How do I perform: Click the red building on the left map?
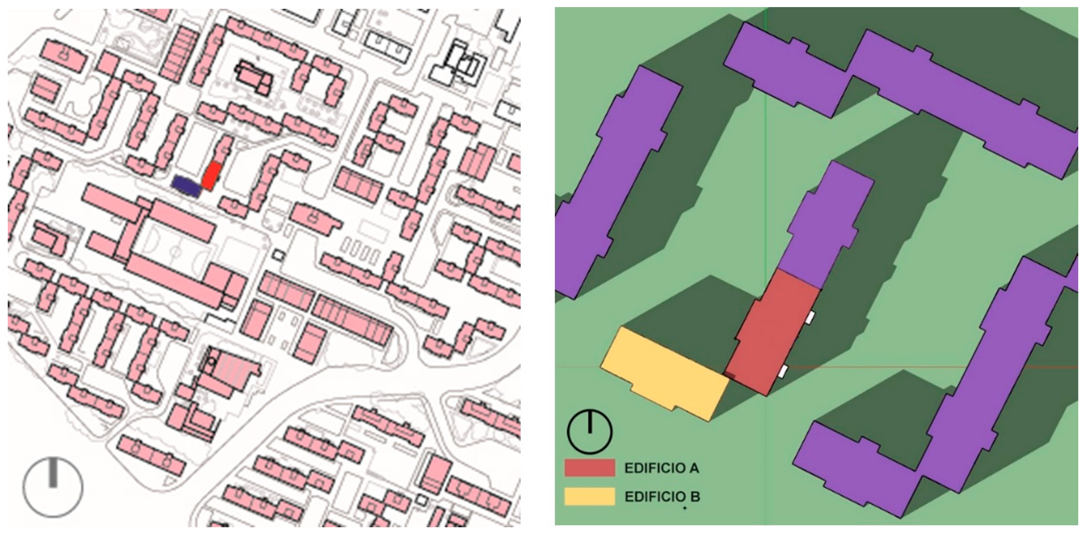pos(211,175)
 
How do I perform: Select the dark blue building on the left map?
pos(186,186)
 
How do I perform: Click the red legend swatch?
pos(590,468)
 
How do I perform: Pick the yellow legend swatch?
pos(590,497)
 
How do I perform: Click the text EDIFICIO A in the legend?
pos(661,468)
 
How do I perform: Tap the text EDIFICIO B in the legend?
pos(662,497)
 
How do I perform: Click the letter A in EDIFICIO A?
pos(694,468)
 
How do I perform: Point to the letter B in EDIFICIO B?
pos(695,497)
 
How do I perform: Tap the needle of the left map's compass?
pos(53,473)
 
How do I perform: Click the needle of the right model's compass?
pos(590,422)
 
